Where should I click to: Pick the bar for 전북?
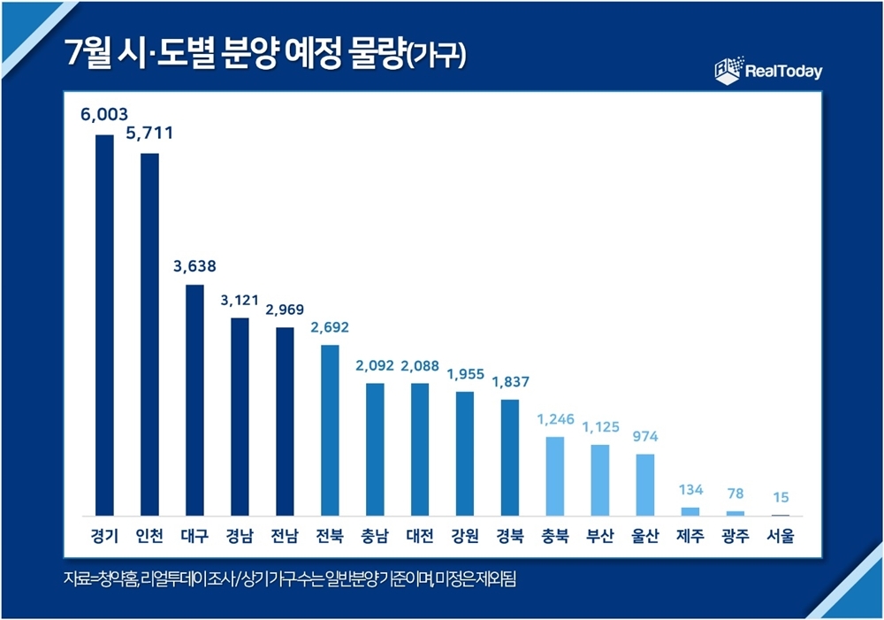329,430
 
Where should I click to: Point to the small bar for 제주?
690,511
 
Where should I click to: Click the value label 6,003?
104,114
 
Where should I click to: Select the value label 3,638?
194,265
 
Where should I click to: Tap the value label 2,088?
419,364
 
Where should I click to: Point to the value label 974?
644,436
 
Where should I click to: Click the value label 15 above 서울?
780,497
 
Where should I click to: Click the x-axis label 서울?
780,536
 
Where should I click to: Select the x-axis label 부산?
599,536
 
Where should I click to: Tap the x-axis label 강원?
464,536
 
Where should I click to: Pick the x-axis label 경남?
239,536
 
